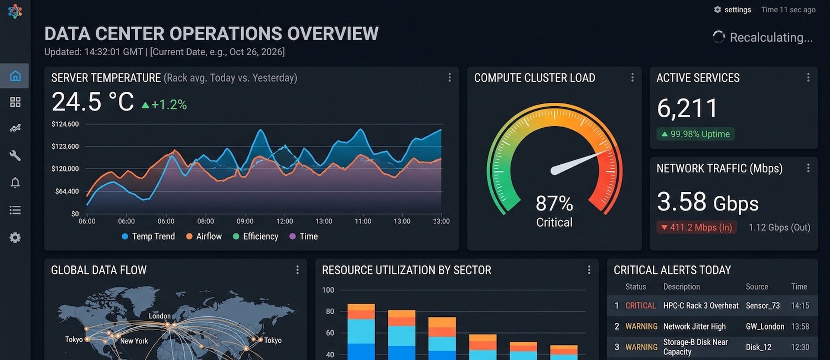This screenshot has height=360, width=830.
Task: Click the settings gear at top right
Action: click(718, 10)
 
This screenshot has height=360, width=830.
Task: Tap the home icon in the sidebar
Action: click(15, 76)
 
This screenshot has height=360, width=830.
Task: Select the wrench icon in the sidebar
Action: click(15, 155)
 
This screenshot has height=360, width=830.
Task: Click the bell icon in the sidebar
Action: click(15, 182)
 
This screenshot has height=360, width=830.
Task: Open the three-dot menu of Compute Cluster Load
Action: click(632, 77)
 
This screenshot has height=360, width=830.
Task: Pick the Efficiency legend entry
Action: click(255, 236)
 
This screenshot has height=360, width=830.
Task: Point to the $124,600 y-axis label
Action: click(65, 124)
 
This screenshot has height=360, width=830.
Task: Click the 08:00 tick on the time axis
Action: click(205, 221)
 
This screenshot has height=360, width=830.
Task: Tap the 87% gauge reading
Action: click(554, 203)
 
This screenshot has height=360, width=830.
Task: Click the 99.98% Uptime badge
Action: click(696, 134)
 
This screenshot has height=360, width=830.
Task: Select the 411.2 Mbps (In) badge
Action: click(696, 227)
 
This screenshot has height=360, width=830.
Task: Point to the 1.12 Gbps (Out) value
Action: click(779, 227)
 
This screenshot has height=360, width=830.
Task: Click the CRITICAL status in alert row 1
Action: click(641, 306)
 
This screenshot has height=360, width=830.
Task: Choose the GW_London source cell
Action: click(765, 326)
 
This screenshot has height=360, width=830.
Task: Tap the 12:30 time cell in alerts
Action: click(800, 347)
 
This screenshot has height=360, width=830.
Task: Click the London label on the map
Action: click(160, 316)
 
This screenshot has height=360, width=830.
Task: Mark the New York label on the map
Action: click(134, 341)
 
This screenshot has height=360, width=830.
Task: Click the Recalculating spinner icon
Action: click(718, 37)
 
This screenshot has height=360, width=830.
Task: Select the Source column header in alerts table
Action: click(757, 287)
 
